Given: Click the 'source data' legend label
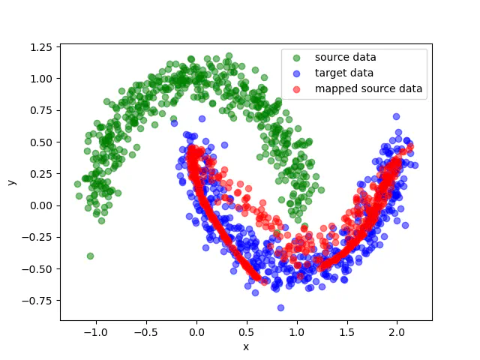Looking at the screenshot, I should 345,57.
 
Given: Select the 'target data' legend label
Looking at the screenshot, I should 343,73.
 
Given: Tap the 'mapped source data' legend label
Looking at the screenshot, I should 368,88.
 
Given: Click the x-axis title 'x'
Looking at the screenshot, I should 245,346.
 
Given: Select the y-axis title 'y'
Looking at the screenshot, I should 11,182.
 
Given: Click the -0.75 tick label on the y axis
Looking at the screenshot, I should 39,301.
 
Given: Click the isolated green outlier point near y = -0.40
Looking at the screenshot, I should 90,256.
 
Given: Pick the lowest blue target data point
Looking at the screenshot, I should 280,307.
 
